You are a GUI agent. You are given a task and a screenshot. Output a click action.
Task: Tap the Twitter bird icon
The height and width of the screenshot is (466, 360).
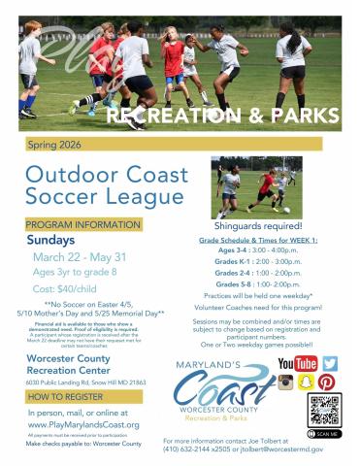click(330, 363)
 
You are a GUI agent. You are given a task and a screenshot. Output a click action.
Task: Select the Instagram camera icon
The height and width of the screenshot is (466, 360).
click(286, 382)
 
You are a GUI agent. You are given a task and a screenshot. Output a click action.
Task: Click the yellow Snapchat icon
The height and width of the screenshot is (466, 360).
click(307, 382)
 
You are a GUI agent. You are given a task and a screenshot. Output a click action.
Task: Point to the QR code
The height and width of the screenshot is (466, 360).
click(324, 409)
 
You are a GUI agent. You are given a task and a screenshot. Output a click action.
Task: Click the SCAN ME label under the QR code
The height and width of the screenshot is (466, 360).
click(326, 434)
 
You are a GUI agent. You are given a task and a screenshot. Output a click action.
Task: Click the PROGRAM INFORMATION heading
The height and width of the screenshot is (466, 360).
click(82, 224)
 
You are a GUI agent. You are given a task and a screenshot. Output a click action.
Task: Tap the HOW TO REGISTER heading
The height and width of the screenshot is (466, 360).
click(66, 397)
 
